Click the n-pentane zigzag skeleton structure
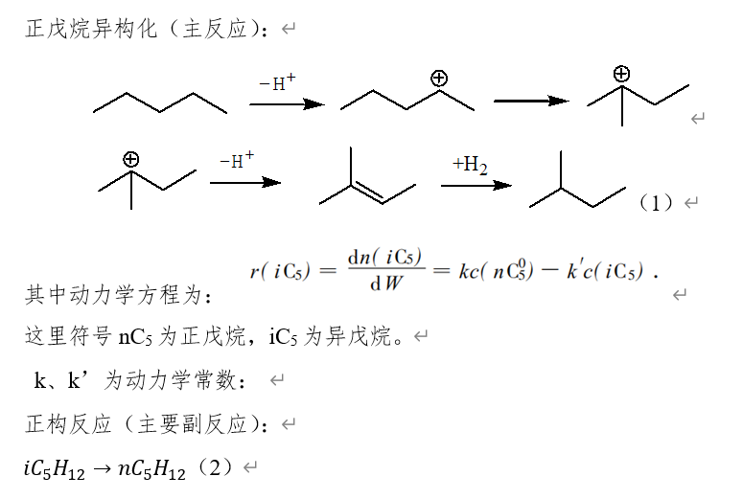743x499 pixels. pyautogui.click(x=159, y=102)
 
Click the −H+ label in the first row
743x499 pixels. pyautogui.click(x=277, y=83)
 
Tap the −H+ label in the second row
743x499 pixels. pyautogui.click(x=237, y=161)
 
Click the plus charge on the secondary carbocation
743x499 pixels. pyautogui.click(x=438, y=79)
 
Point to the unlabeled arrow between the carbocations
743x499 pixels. pyautogui.click(x=530, y=101)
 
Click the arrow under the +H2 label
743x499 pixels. pyautogui.click(x=476, y=184)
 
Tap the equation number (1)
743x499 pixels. pyautogui.click(x=662, y=203)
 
